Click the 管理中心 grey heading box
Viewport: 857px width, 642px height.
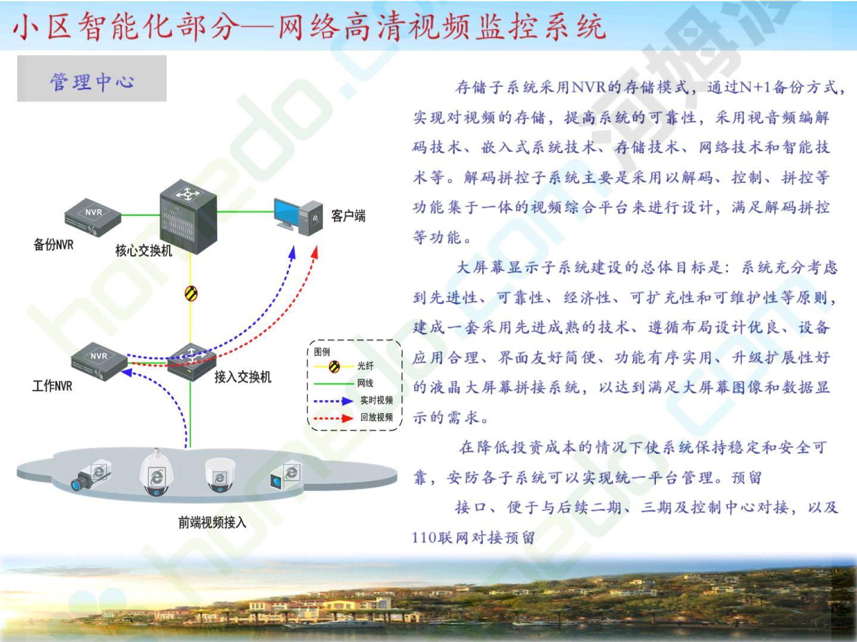(92, 78)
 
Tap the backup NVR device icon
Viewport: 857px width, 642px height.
(93, 217)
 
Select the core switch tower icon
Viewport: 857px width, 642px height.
(189, 217)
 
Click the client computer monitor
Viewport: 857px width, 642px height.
(287, 213)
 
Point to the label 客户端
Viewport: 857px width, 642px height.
(348, 216)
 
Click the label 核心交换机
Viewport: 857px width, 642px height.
(143, 250)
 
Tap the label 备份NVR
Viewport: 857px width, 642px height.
(54, 245)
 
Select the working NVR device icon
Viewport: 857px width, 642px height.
(99, 361)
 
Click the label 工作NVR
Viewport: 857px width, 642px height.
(52, 386)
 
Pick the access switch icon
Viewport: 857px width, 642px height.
(192, 362)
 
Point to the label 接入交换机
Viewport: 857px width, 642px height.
(242, 377)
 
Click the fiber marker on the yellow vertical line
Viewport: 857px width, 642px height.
(191, 293)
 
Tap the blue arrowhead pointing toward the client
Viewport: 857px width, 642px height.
(292, 252)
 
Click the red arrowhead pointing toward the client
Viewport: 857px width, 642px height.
(315, 252)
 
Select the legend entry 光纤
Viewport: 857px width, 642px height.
(365, 366)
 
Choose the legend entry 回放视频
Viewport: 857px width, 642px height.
(376, 417)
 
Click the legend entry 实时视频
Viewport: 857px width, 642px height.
(376, 400)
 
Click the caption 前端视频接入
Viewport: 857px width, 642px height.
(212, 523)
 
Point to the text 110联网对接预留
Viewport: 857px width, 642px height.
(473, 538)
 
